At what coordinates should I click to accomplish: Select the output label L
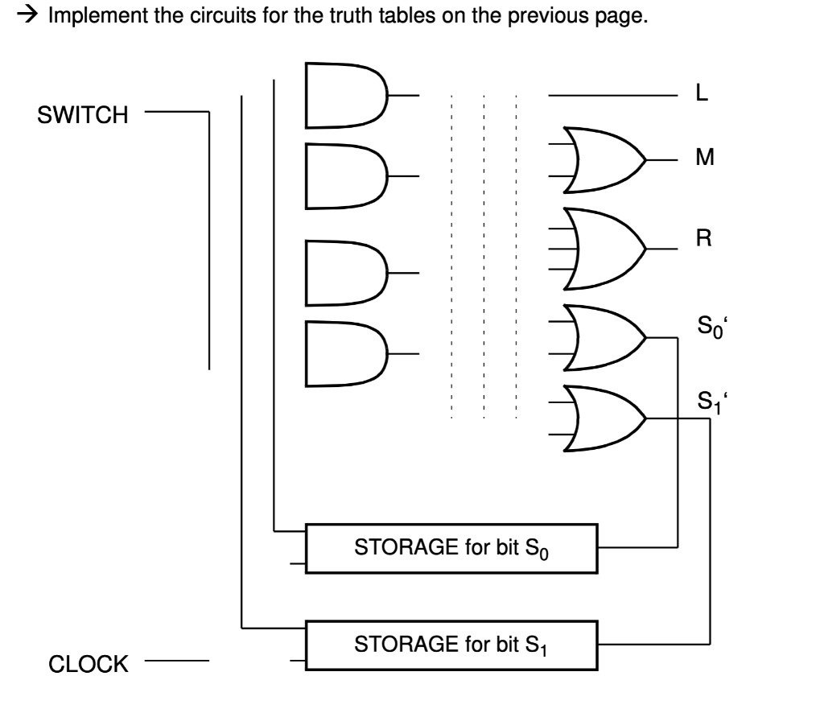[x=702, y=95]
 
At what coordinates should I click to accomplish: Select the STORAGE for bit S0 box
[x=453, y=550]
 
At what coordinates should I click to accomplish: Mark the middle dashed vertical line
[x=484, y=258]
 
